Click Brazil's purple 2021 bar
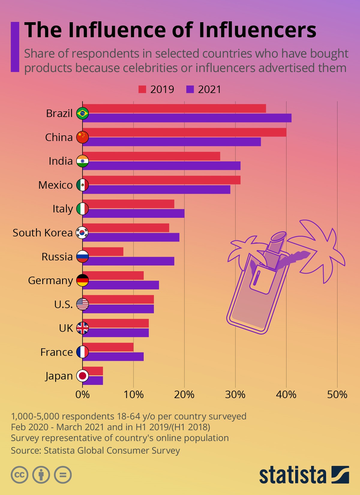[x=187, y=118]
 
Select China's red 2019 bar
[x=184, y=132]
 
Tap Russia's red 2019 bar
[x=103, y=252]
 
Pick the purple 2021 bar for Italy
[x=133, y=213]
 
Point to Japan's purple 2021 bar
[x=93, y=380]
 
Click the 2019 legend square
[x=142, y=89]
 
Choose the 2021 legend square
[x=190, y=89]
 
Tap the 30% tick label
[x=235, y=394]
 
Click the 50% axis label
[x=337, y=394]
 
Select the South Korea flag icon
[x=82, y=232]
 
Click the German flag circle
[x=82, y=280]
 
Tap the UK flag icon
[x=82, y=328]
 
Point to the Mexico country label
[x=55, y=185]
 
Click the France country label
[x=56, y=352]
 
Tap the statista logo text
[x=292, y=475]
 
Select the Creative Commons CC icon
[x=19, y=475]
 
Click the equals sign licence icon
[x=63, y=475]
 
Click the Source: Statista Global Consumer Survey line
[x=95, y=450]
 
